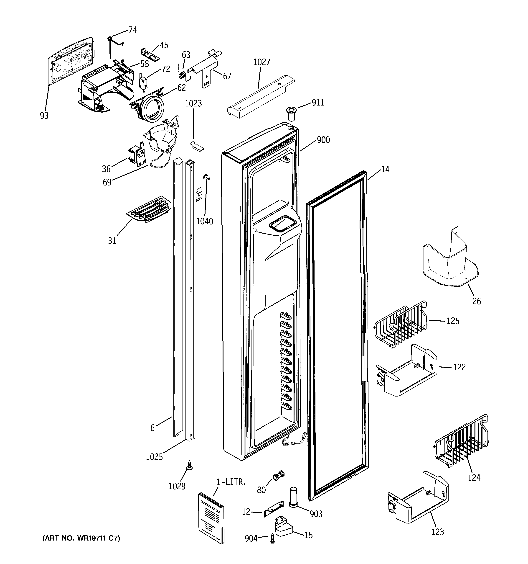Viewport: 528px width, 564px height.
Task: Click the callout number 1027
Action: pyautogui.click(x=261, y=62)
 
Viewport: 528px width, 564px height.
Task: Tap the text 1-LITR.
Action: pyautogui.click(x=231, y=482)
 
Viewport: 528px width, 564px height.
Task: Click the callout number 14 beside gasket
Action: pyautogui.click(x=385, y=169)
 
